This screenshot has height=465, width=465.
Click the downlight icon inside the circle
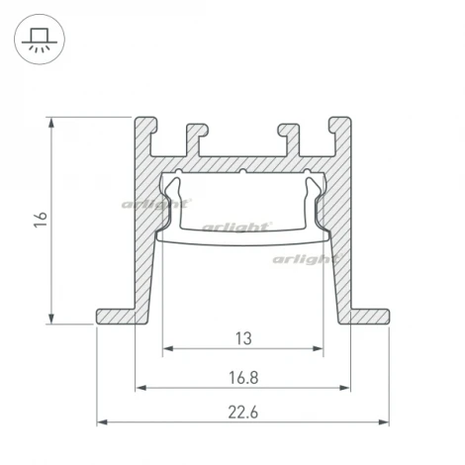click(39, 39)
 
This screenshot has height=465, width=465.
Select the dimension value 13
click(243, 338)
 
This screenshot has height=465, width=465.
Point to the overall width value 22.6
click(243, 412)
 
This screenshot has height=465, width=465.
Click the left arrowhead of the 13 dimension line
click(166, 349)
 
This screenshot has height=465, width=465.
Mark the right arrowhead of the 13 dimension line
click(321, 349)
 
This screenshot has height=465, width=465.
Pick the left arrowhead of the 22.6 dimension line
click(101, 422)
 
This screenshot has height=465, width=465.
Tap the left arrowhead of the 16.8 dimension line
click(139, 386)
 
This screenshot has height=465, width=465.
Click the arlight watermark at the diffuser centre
click(236, 227)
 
